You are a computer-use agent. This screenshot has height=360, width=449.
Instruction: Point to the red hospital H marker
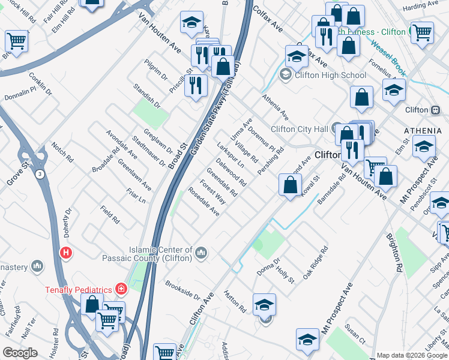(66, 253)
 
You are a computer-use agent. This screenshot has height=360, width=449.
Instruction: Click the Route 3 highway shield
(38, 174)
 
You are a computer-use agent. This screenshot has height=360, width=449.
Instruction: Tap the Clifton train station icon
(436, 110)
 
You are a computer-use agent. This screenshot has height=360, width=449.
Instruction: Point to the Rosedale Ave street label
(203, 202)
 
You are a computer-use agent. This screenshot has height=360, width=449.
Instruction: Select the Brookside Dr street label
(182, 292)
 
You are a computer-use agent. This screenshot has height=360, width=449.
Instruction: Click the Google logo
(20, 353)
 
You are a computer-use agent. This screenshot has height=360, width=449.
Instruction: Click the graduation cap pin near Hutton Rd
(264, 304)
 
